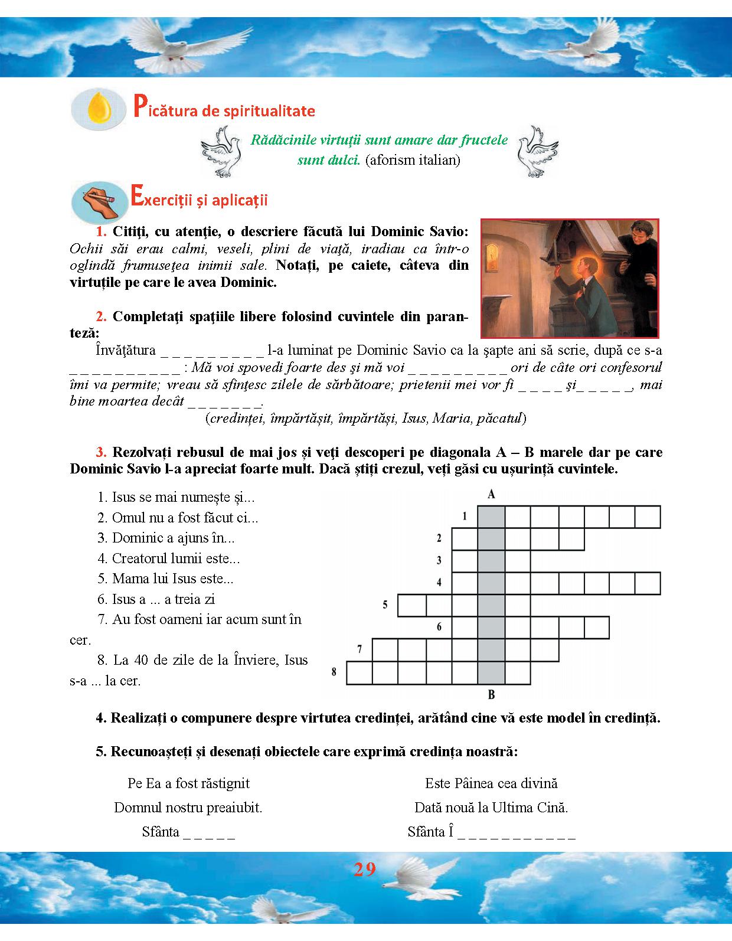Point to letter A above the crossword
coord(491,495)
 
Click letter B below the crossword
coord(491,694)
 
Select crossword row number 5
coord(385,605)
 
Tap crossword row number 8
coord(334,672)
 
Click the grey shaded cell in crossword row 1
coord(491,517)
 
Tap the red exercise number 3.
coord(102,453)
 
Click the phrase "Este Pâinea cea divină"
coord(491,783)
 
